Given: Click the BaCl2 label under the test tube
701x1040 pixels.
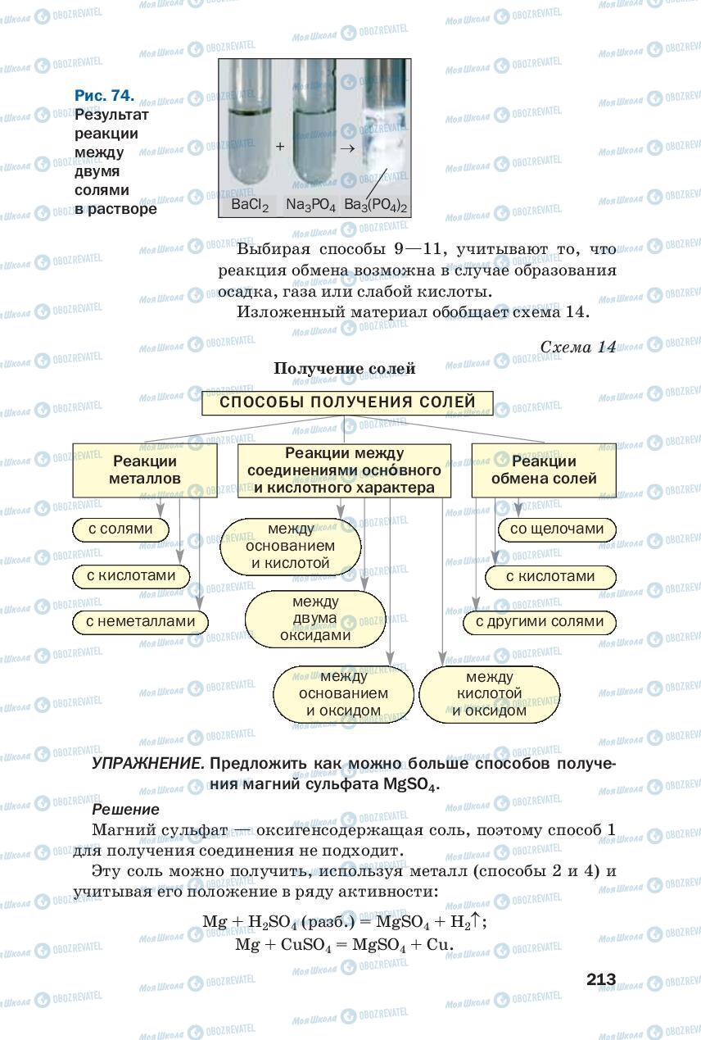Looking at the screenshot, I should (x=250, y=205).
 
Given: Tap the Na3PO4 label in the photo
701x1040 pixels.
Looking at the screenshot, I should (x=311, y=205).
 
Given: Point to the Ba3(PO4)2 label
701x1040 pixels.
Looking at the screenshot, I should (x=376, y=205).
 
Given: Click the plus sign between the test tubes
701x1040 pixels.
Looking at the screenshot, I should (x=280, y=147).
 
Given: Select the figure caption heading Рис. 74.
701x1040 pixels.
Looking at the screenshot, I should (x=104, y=96).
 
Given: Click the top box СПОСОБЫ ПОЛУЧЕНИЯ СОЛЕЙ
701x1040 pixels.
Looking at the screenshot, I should (x=347, y=402).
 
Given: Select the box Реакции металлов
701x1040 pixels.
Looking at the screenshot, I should (x=145, y=469).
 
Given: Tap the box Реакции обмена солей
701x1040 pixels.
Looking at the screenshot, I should (x=544, y=470).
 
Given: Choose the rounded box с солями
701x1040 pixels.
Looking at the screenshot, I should (x=120, y=529).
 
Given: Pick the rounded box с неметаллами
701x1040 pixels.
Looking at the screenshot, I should (x=140, y=622).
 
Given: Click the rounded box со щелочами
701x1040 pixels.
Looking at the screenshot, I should (x=556, y=529).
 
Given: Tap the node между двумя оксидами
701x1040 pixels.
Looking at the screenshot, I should (x=314, y=618).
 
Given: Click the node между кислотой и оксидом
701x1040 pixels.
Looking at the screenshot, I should (x=489, y=694).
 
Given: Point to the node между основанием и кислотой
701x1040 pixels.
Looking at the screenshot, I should (x=291, y=546).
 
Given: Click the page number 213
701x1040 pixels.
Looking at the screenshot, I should (x=600, y=979).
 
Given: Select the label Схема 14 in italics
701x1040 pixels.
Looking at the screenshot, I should (x=577, y=347).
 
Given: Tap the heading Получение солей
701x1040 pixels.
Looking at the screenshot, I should (x=345, y=369).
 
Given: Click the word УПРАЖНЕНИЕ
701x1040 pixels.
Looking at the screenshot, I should (x=148, y=763).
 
